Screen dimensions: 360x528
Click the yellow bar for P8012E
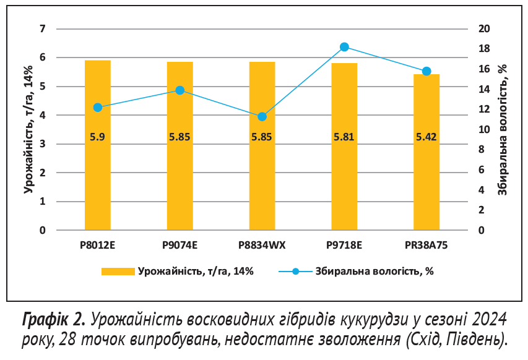[97, 173]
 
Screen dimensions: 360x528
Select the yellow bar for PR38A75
[426, 179]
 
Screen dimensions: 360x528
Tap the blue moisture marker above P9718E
[345, 47]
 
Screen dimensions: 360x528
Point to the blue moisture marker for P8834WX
[262, 116]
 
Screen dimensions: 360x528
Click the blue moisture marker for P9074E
[180, 90]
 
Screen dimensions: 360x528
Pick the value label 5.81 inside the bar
[344, 137]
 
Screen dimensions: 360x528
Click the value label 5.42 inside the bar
[426, 137]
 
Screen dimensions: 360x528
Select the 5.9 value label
[97, 137]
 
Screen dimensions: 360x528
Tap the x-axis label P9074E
[180, 245]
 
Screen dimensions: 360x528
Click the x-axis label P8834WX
[262, 245]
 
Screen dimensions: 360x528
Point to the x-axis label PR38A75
[426, 245]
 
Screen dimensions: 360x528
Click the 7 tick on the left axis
[43, 29]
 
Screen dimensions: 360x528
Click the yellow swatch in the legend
[118, 272]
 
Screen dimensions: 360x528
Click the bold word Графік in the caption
[48, 320]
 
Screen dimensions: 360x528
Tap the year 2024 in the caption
[489, 320]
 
